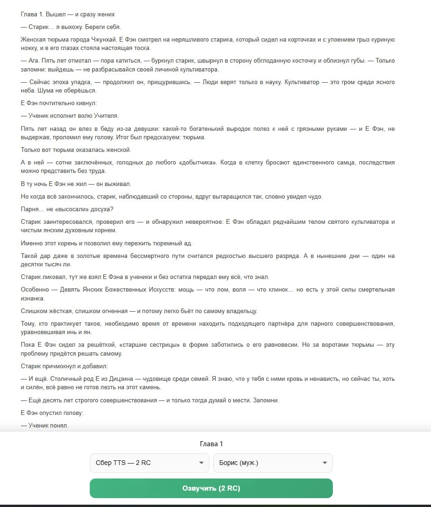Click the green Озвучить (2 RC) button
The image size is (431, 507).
211,488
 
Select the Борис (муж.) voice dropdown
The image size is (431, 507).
273,463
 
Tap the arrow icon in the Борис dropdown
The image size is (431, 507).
324,463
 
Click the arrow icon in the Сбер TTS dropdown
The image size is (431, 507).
201,463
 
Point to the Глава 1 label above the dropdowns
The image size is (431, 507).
211,444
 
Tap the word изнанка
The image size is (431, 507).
32,298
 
